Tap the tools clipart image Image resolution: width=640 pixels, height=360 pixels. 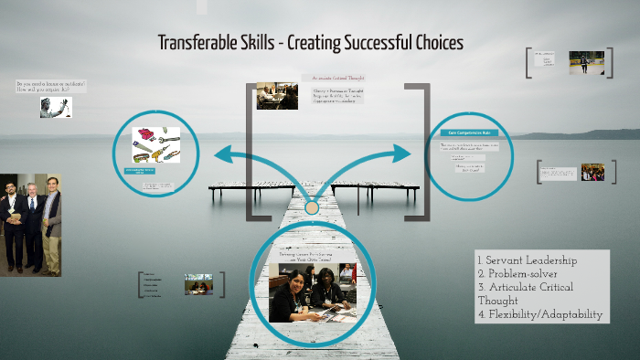(156, 144)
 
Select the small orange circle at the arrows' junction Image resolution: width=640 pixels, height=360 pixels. (312, 208)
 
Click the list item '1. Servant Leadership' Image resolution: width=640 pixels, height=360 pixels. (526, 261)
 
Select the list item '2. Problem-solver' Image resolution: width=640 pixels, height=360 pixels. (520, 274)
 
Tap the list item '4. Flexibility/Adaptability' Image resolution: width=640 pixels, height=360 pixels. (540, 314)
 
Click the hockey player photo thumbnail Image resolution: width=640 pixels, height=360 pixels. (580, 62)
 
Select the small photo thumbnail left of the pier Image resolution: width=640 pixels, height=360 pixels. (198, 284)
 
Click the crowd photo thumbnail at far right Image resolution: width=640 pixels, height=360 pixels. (592, 171)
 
